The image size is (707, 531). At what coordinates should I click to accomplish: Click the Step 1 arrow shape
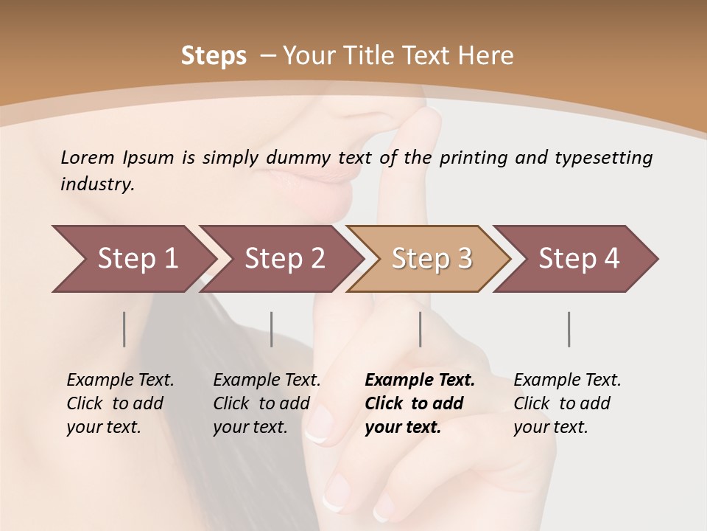[133, 259]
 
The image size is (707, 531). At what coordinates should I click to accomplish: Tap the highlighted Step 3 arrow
[431, 259]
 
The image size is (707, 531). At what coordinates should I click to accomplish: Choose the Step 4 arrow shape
[578, 259]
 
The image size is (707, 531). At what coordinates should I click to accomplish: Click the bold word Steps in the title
[214, 55]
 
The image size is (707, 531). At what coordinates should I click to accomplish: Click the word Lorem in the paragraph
[87, 157]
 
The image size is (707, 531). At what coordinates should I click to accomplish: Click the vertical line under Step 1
[124, 329]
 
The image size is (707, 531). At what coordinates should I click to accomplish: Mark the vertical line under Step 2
[272, 329]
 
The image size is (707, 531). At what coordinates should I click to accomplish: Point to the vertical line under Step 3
[420, 329]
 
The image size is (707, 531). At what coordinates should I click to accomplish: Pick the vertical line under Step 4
[569, 329]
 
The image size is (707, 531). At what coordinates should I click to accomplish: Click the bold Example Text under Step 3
[420, 380]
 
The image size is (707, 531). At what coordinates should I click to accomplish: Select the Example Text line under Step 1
[120, 380]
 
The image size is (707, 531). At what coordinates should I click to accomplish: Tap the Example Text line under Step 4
[567, 380]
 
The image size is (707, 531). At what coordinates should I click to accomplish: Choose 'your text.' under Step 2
[250, 427]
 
